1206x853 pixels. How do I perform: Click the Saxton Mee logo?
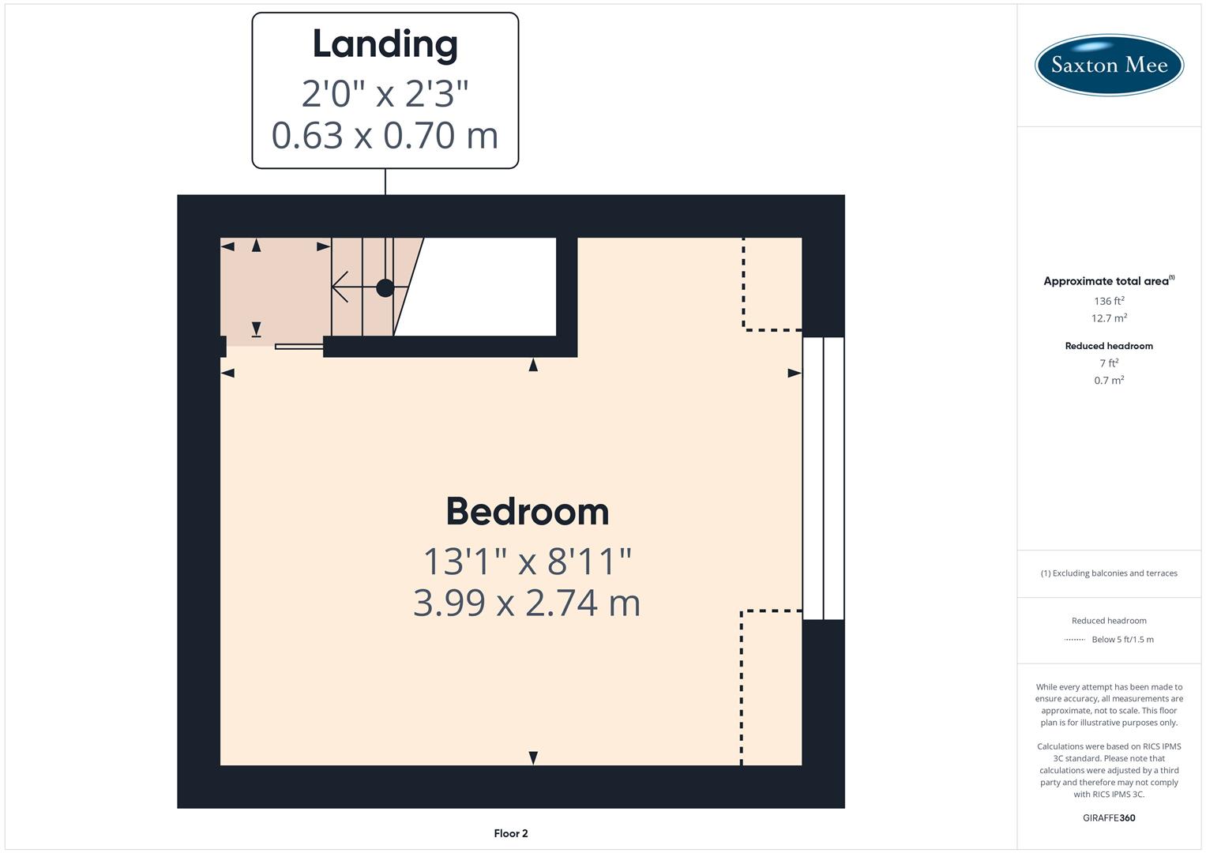pyautogui.click(x=1108, y=65)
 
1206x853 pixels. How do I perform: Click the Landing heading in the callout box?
pyautogui.click(x=385, y=44)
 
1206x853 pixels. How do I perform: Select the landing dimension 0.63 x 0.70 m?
pyautogui.click(x=385, y=135)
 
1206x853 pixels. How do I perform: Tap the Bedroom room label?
pyautogui.click(x=527, y=512)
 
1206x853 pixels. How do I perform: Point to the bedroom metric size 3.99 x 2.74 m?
pyautogui.click(x=527, y=603)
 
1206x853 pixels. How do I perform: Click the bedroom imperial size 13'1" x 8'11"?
pyautogui.click(x=527, y=562)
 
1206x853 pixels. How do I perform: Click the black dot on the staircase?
pyautogui.click(x=385, y=287)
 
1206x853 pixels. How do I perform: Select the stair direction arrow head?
pyautogui.click(x=338, y=287)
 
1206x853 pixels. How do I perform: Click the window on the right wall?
pyautogui.click(x=823, y=478)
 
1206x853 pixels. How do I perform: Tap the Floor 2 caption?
pyautogui.click(x=510, y=833)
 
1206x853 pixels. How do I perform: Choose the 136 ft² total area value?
pyautogui.click(x=1108, y=301)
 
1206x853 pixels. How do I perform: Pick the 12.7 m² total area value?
pyautogui.click(x=1108, y=318)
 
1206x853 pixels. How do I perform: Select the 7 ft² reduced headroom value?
pyautogui.click(x=1108, y=363)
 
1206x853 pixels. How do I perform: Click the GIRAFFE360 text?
pyautogui.click(x=1108, y=817)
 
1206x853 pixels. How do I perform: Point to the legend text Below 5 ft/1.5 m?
pyautogui.click(x=1121, y=640)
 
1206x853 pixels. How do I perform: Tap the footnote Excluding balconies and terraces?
pyautogui.click(x=1108, y=573)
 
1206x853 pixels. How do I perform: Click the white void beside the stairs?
pyautogui.click(x=482, y=286)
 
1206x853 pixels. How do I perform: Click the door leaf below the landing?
pyautogui.click(x=299, y=346)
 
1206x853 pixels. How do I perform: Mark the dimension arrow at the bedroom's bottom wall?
pyautogui.click(x=533, y=758)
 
